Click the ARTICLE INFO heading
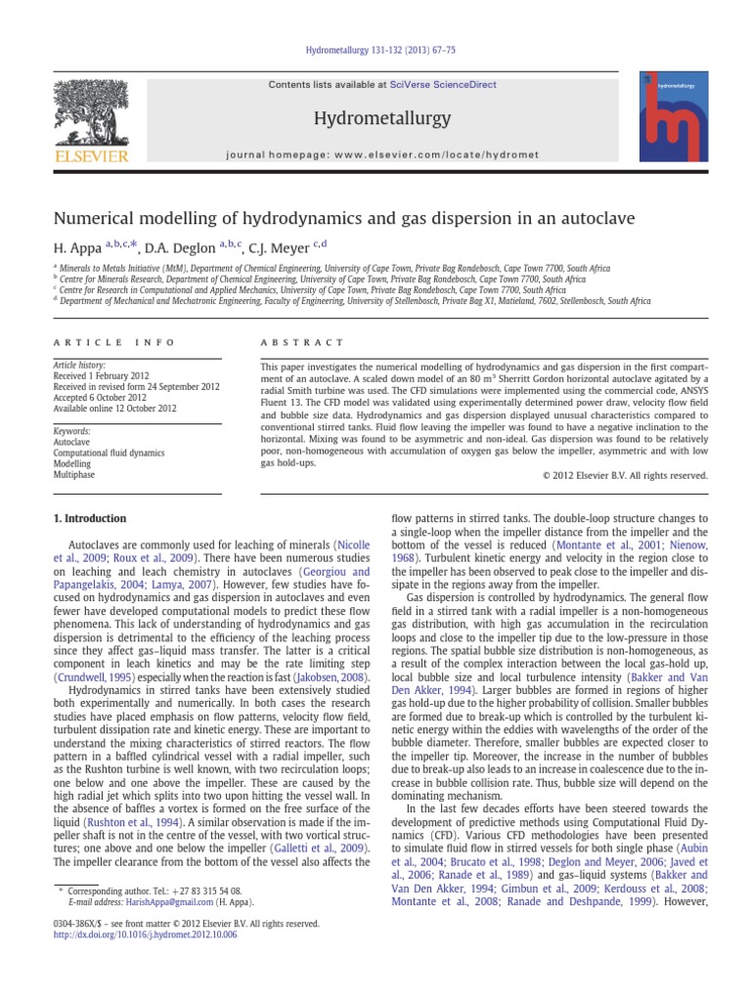pos(114,343)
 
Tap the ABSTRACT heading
pos(301,343)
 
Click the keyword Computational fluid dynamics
pos(110,454)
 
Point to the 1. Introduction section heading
pos(89,518)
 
